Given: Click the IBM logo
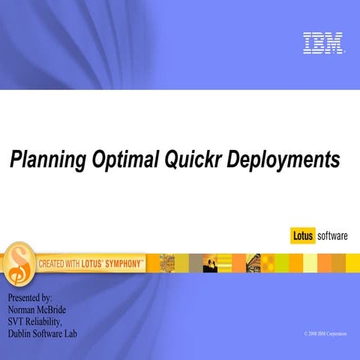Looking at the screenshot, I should click(323, 43).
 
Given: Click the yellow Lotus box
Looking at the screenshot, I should click(303, 236).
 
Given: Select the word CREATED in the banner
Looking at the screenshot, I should click(53, 263).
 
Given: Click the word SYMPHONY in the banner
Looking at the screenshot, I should click(118, 263).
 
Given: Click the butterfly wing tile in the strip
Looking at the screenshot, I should click(254, 262).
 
